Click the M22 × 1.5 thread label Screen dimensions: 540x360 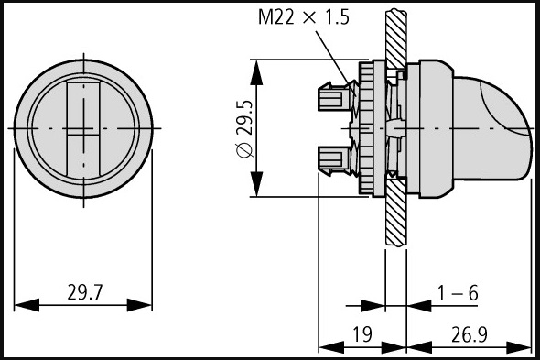pos(303,16)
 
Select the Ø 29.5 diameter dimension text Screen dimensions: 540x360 pos(245,129)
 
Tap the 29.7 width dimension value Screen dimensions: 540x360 pos(85,292)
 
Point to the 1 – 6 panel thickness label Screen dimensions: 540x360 pos(458,293)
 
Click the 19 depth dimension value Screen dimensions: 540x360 pos(362,334)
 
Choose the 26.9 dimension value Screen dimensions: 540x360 pos(469,334)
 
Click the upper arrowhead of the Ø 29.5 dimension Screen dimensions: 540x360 pos(256,72)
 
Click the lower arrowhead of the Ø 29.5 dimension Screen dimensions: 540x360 pos(256,184)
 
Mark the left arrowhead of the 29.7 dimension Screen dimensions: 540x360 pos(27,305)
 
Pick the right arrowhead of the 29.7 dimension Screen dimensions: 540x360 pos(139,305)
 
